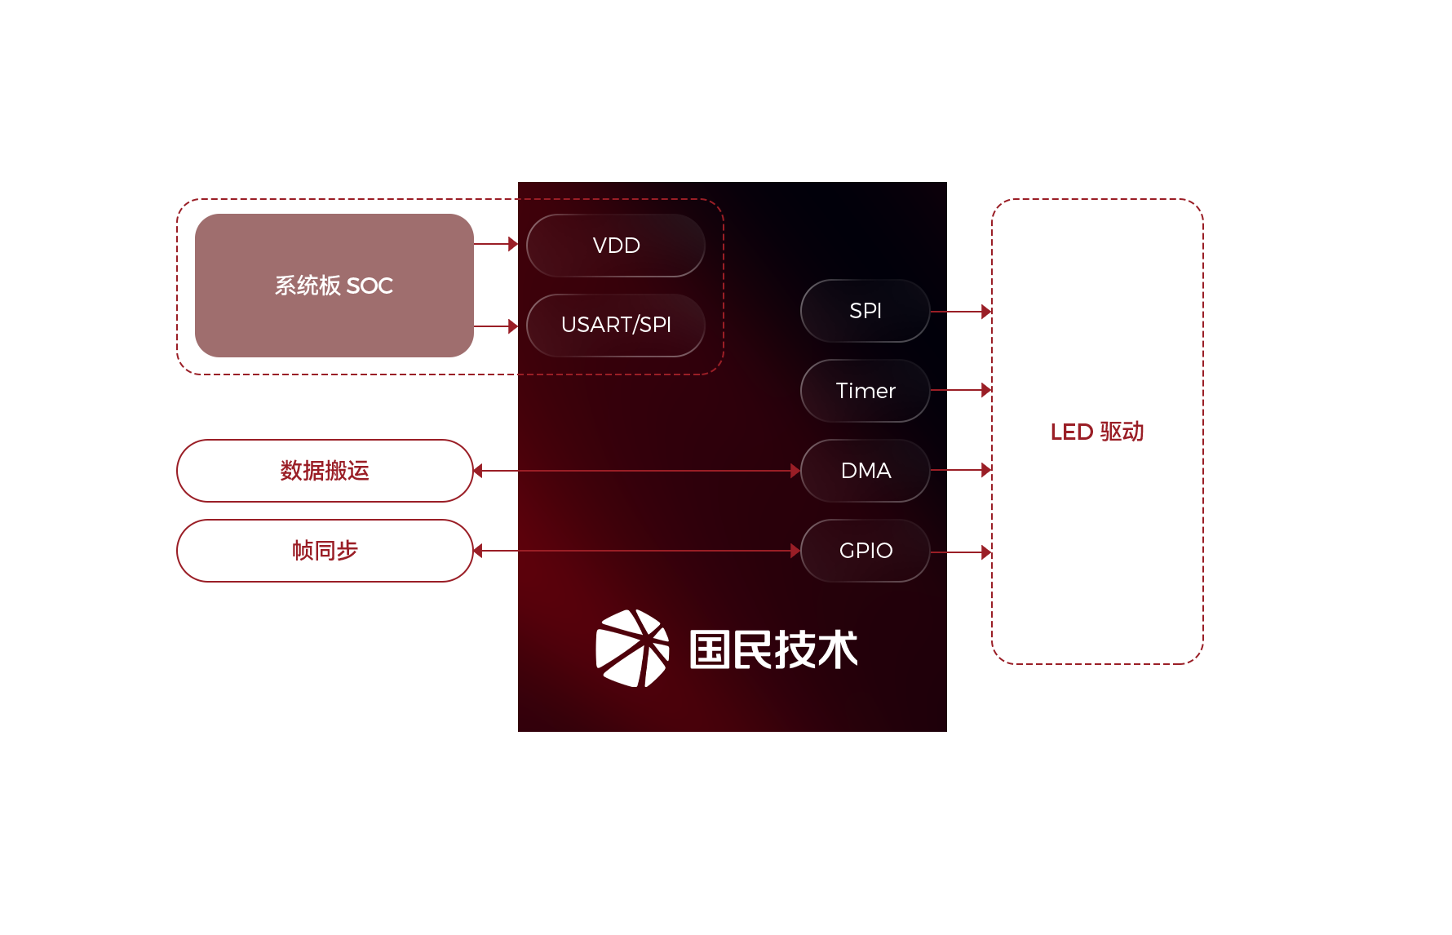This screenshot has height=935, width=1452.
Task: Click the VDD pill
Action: tap(616, 246)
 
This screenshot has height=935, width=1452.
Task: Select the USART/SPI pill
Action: tap(616, 326)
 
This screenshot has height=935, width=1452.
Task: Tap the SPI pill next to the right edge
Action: tap(865, 311)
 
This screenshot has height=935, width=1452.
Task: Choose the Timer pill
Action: tap(865, 391)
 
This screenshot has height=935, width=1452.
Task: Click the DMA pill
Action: tap(865, 471)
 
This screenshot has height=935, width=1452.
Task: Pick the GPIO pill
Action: tap(865, 551)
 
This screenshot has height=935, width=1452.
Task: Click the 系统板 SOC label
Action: tap(334, 286)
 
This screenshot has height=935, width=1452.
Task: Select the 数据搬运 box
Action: tap(325, 471)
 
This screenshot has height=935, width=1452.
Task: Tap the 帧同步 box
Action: tap(325, 551)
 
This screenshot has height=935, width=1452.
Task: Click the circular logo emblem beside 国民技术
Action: tap(632, 649)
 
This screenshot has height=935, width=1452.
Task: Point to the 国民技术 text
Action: tap(773, 649)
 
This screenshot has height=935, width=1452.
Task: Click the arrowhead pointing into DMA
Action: tap(795, 471)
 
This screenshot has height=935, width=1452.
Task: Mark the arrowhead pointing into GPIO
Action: tap(795, 551)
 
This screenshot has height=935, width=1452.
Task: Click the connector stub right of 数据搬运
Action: tap(495, 471)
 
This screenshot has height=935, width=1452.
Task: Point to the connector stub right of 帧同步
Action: tap(495, 551)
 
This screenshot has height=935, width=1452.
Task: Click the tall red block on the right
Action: tap(1096, 431)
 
